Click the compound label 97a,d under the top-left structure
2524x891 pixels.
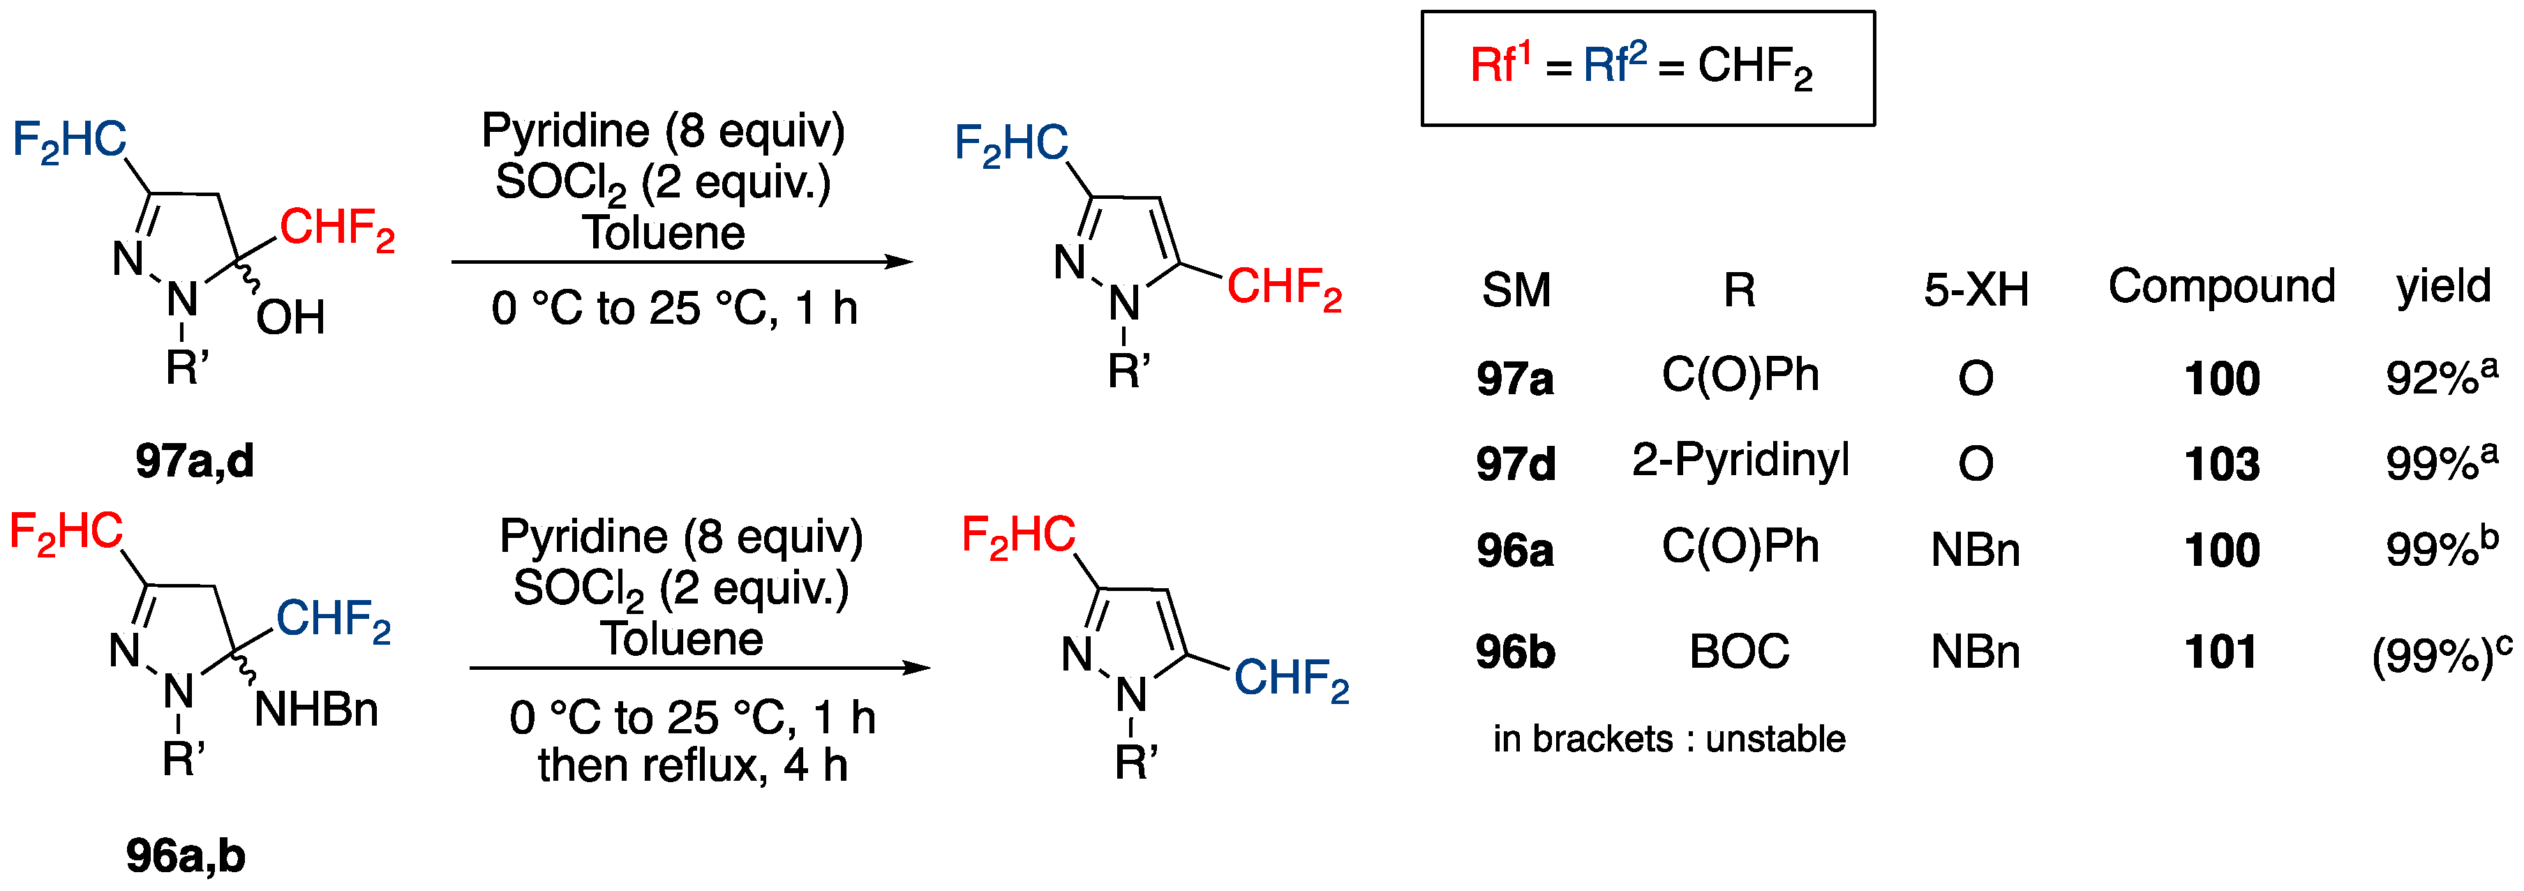[x=194, y=461]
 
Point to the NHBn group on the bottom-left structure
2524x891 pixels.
[x=315, y=710]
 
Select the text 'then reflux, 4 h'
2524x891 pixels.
[x=692, y=765]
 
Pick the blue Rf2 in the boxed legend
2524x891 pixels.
[x=1615, y=65]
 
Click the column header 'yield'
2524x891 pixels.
[x=2442, y=287]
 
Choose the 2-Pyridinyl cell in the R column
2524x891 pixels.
[x=1740, y=460]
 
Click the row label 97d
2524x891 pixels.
[x=1515, y=463]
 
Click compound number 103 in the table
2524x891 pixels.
[x=2221, y=463]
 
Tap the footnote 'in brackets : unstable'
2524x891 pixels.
[x=1668, y=739]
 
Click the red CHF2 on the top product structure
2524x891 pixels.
[x=1283, y=287]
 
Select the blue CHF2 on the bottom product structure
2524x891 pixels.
[x=1290, y=678]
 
